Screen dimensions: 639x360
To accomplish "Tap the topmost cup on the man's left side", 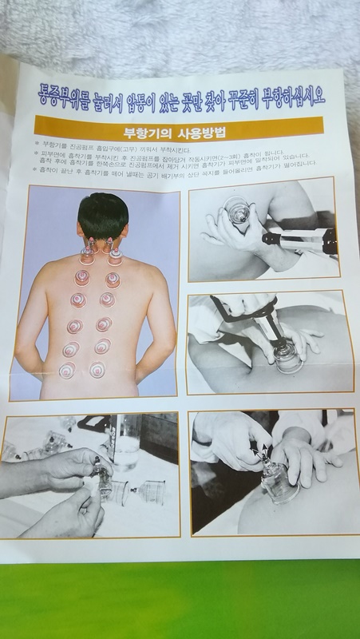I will coord(87,254).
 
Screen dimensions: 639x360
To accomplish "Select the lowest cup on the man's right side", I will coord(97,369).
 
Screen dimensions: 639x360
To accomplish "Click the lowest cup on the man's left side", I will coord(68,369).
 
